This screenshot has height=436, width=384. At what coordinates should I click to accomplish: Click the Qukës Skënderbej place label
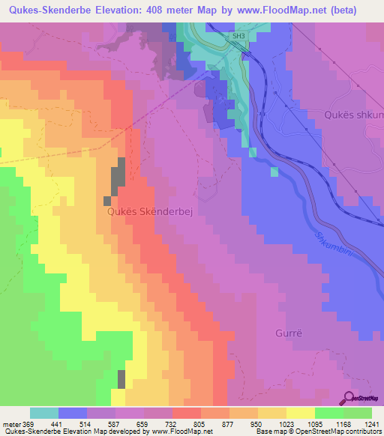(146, 212)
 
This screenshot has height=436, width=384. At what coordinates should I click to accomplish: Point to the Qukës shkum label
(352, 115)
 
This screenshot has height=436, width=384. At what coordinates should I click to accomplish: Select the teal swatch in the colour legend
(44, 413)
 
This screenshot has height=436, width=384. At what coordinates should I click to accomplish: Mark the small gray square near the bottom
(121, 379)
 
